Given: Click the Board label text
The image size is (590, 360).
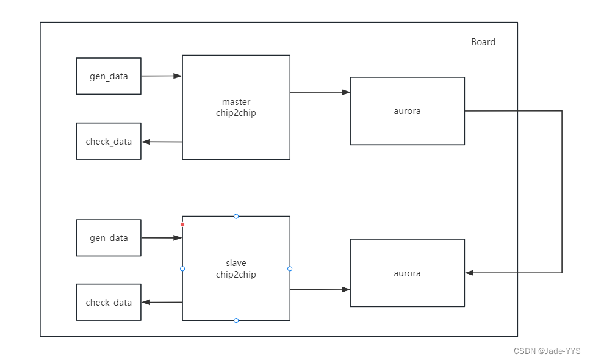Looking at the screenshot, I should tap(483, 42).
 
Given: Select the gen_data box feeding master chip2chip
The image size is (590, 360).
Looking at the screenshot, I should tap(109, 76).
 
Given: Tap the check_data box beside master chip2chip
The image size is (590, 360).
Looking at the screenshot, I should tap(109, 142).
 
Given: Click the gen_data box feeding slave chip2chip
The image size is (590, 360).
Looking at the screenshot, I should tap(109, 238).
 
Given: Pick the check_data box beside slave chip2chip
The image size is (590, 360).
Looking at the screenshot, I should tap(109, 303).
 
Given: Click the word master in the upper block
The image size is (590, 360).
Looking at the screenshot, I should tap(236, 102).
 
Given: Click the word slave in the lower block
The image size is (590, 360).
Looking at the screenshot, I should tap(236, 263).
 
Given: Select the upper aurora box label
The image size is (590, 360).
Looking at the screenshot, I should tap(407, 111).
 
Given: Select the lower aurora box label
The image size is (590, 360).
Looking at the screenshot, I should tap(407, 273).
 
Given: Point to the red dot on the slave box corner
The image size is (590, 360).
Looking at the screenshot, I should tap(182, 225).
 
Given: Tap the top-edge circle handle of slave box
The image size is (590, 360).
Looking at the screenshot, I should tap(236, 216).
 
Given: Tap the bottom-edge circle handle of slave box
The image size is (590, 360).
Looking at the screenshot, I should tap(236, 320).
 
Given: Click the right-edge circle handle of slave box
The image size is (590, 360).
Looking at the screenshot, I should tap(290, 268).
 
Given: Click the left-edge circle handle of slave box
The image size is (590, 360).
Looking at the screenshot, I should tap(182, 268).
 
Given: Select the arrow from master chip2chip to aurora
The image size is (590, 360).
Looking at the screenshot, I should tap(320, 92).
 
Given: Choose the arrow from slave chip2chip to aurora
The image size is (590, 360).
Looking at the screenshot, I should tap(320, 290).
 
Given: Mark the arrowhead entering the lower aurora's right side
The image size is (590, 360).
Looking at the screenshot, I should tap(469, 273).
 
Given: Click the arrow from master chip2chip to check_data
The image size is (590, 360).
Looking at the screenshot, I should tap(162, 142).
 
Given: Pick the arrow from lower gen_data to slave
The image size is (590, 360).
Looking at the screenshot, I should tap(162, 238).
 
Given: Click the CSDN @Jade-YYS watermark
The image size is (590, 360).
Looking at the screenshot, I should tap(547, 351).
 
